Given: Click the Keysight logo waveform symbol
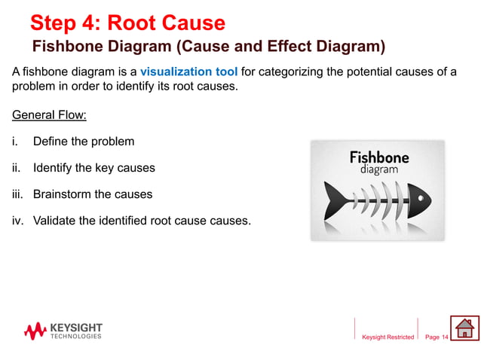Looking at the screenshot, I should tap(35, 331).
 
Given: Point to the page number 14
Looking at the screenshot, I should tap(444, 337).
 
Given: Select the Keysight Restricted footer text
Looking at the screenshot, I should tap(388, 337).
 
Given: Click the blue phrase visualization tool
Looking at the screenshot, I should tap(188, 72).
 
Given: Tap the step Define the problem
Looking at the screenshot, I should tap(83, 142).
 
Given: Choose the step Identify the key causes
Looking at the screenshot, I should tap(93, 168).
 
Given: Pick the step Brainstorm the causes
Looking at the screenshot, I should tap(92, 194).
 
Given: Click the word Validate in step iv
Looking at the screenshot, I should tap(55, 221).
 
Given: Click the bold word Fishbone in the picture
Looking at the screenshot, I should tap(379, 158).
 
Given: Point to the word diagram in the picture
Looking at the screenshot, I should tap(379, 170).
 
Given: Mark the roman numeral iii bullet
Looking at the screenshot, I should tap(17, 194).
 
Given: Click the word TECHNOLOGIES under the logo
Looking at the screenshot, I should tap(75, 337).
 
